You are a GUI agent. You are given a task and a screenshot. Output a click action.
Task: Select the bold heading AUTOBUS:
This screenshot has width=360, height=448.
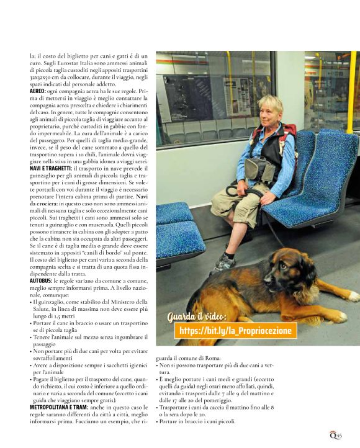pyautogui.click(x=41, y=280)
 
